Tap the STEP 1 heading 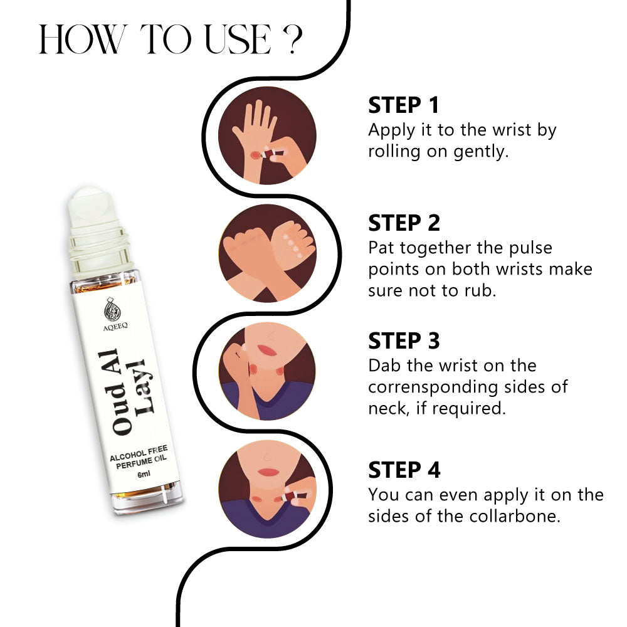[x=403, y=105]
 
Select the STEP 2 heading [x=404, y=223]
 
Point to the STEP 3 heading [x=404, y=340]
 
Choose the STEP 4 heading [x=404, y=470]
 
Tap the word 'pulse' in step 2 [x=530, y=248]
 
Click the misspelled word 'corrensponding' [x=433, y=387]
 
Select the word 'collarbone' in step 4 [x=515, y=516]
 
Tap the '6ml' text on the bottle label [x=144, y=474]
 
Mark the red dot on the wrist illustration [x=255, y=155]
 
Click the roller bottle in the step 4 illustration [x=293, y=497]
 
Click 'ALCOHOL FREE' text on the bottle [x=139, y=453]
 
